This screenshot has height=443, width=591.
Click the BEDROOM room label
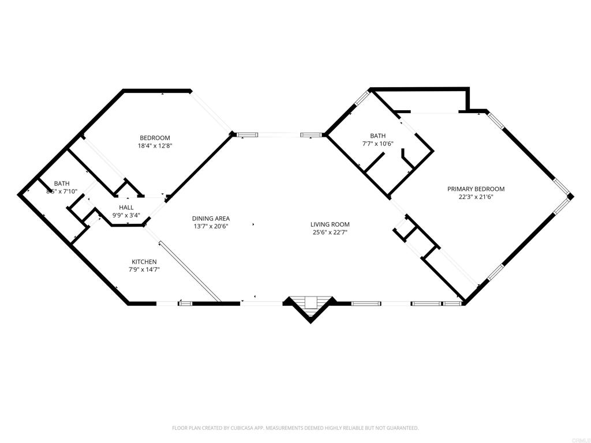(155, 137)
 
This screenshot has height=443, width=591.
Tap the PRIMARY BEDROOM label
(476, 189)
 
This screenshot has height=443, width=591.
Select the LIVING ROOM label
(330, 224)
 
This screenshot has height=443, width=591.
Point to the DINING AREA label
(211, 218)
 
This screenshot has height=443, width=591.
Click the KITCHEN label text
(144, 262)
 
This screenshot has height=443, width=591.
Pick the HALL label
(126, 207)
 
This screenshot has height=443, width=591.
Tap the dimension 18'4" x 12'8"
(155, 145)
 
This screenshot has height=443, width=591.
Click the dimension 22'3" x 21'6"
(476, 197)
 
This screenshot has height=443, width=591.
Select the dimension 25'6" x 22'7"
(330, 232)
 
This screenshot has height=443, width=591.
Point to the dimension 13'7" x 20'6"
(211, 226)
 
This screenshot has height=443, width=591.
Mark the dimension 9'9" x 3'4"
(126, 215)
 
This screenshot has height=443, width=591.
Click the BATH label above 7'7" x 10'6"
(379, 136)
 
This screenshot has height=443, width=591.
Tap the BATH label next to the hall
(62, 183)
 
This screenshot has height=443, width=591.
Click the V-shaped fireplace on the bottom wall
(311, 306)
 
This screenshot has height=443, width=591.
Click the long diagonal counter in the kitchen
(190, 271)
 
